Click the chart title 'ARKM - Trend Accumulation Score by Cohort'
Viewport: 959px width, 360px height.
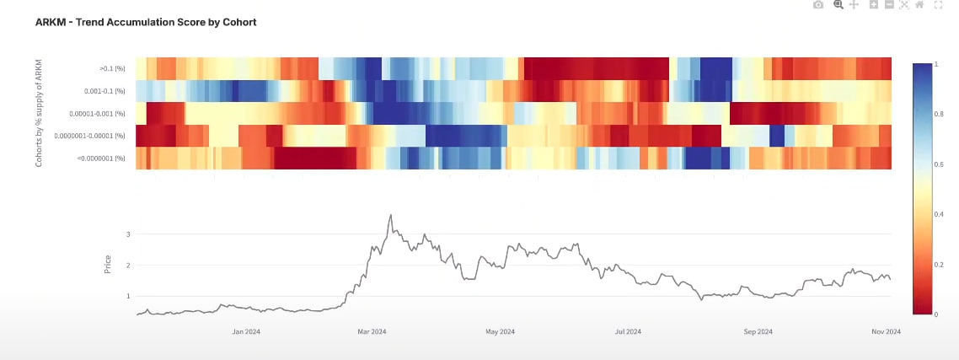click(x=146, y=22)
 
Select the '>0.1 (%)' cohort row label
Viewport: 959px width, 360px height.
click(x=112, y=68)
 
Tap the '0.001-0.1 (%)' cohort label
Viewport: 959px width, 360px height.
click(x=105, y=90)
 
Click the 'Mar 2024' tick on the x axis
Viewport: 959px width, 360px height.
click(x=372, y=332)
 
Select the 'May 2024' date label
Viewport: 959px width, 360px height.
click(x=501, y=332)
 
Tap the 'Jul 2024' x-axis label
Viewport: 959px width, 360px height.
click(x=629, y=332)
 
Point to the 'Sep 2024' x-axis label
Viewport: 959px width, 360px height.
click(x=758, y=332)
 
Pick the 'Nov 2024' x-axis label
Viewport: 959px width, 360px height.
click(x=886, y=332)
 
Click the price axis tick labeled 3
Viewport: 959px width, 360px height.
click(x=127, y=234)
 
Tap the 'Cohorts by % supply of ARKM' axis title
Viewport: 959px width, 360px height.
click(x=39, y=113)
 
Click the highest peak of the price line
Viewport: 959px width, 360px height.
click(x=390, y=215)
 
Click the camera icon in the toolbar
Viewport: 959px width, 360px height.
click(x=817, y=5)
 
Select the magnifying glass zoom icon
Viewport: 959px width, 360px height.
click(x=838, y=5)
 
